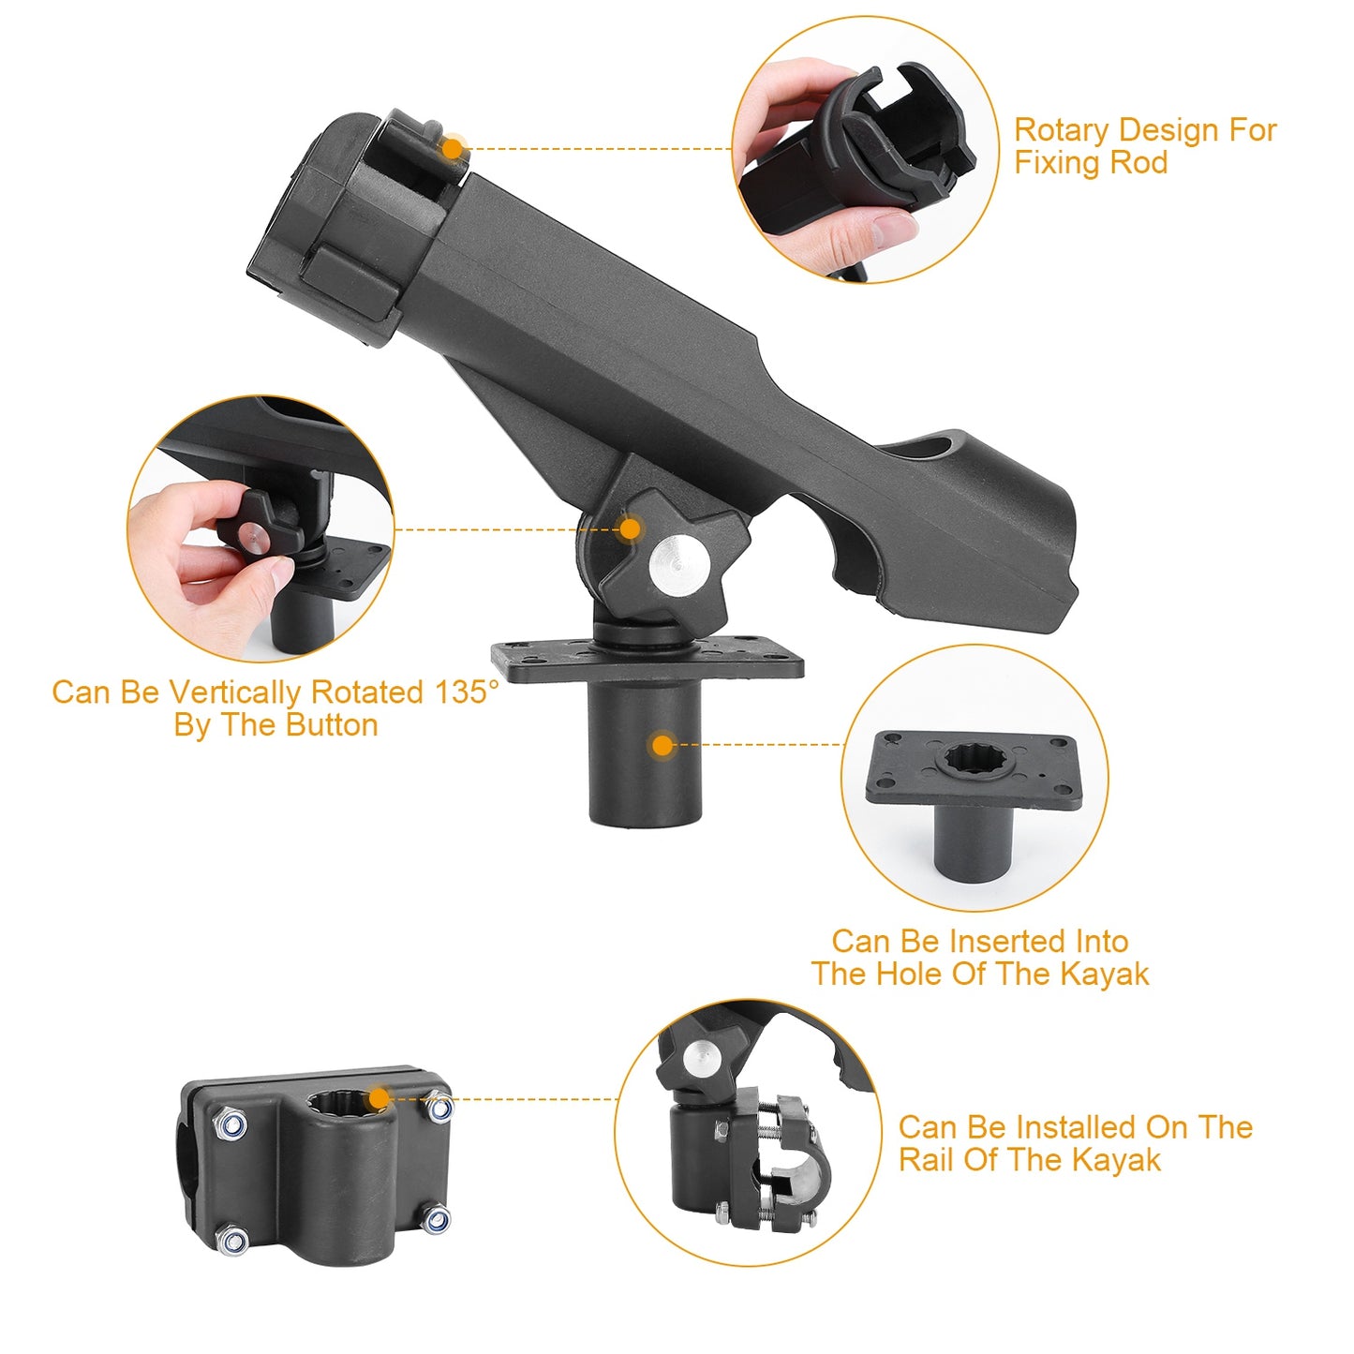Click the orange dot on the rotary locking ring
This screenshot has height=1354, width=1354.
click(x=453, y=148)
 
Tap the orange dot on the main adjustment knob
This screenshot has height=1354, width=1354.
click(x=631, y=529)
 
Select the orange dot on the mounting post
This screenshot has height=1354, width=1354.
click(x=662, y=746)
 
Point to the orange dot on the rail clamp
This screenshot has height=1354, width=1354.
click(x=379, y=1099)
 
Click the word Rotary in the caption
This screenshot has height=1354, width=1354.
click(x=1062, y=130)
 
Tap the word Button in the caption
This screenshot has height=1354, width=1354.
click(x=332, y=725)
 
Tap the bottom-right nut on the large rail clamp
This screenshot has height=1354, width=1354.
click(x=436, y=1220)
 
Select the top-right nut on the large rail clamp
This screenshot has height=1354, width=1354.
click(x=439, y=1109)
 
